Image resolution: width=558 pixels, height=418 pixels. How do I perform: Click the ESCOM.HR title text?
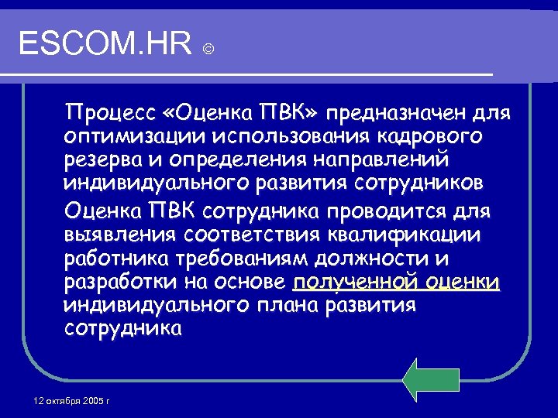[x=105, y=44]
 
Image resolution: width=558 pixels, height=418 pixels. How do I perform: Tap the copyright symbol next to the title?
[x=208, y=49]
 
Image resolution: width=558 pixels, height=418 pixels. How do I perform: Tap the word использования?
[x=272, y=138]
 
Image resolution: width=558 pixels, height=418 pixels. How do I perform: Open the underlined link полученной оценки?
[x=396, y=282]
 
